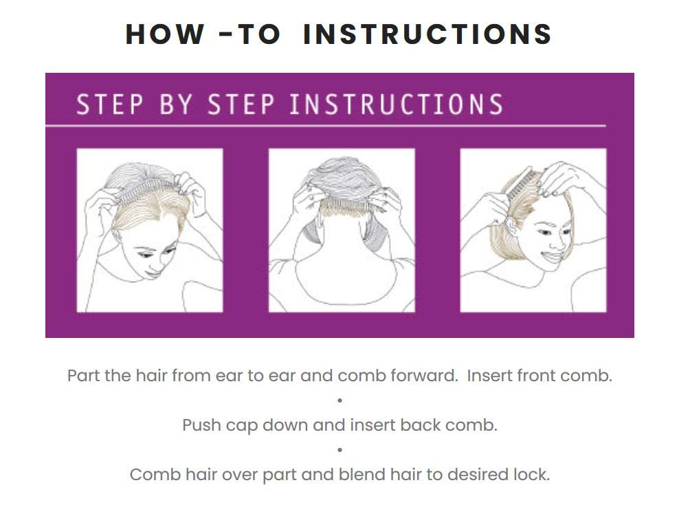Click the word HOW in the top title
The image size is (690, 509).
[165, 34]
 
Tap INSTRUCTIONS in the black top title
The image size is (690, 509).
[427, 34]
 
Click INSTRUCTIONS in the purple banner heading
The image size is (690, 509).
[396, 105]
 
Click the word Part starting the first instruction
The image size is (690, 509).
[83, 376]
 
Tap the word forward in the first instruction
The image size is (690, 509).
[419, 376]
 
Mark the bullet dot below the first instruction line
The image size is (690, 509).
[340, 400]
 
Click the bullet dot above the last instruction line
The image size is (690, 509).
[340, 450]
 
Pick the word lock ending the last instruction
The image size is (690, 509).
[533, 475]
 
